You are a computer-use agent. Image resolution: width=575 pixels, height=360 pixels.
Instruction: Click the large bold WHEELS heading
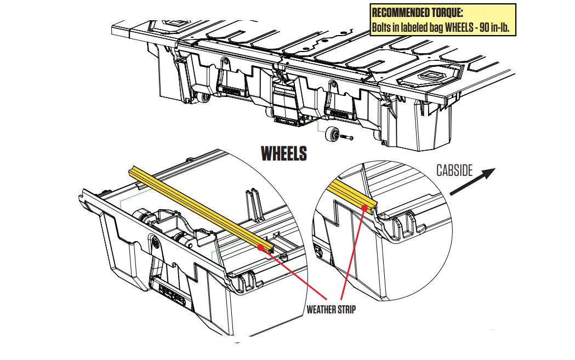283,153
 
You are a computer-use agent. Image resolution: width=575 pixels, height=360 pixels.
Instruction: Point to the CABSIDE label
454,170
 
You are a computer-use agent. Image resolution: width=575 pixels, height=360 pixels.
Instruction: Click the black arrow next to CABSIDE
472,181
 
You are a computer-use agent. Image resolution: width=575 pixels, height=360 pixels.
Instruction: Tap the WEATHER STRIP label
331,310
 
